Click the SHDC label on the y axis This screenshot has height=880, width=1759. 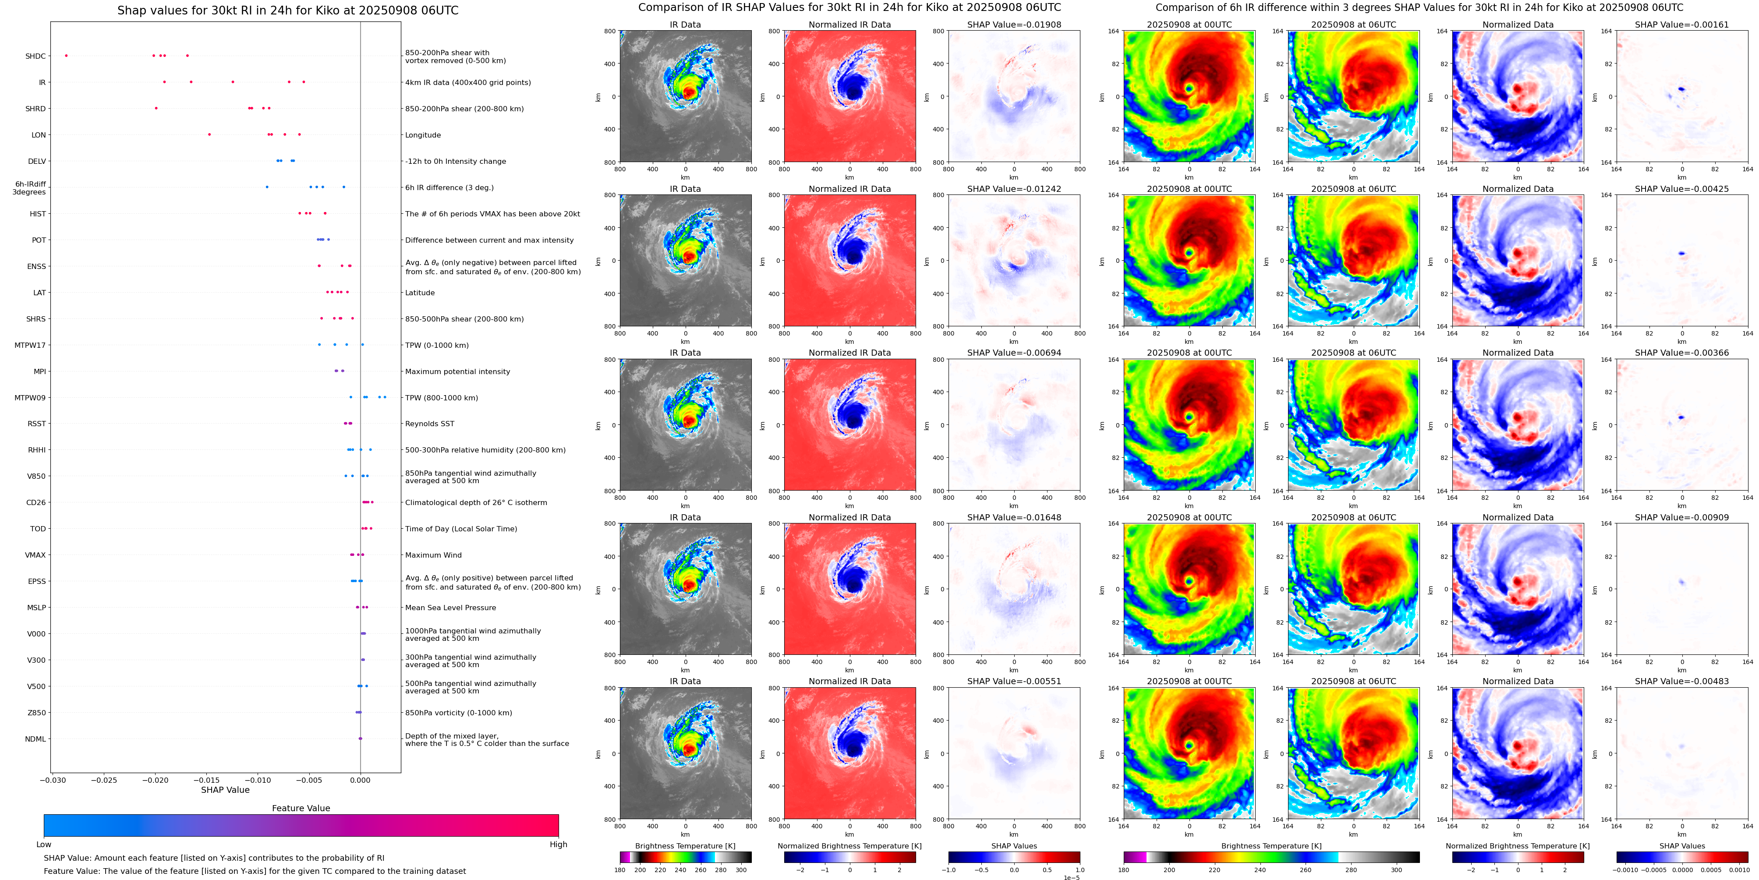(35, 56)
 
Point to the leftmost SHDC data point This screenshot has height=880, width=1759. (66, 55)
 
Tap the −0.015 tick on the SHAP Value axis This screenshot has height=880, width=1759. (206, 780)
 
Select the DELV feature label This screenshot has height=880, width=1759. (37, 161)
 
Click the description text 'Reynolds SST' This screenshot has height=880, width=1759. (429, 424)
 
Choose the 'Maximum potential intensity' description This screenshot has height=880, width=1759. (457, 371)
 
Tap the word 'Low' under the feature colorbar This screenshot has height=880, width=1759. (44, 845)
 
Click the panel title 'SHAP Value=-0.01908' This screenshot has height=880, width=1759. (1014, 25)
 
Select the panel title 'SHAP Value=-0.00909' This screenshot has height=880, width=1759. (1682, 517)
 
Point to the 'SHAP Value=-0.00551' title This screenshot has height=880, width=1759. (1014, 681)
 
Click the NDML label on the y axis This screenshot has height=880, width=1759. (35, 739)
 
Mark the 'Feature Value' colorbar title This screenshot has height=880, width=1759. (301, 808)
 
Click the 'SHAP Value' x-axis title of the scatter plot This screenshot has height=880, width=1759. (225, 790)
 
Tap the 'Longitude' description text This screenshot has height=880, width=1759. (423, 135)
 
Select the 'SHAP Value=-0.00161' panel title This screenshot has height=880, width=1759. (1682, 25)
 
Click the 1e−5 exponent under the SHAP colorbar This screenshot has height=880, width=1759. (1071, 878)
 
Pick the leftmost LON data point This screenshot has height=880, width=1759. (209, 134)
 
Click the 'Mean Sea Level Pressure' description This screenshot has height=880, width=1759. (451, 608)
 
